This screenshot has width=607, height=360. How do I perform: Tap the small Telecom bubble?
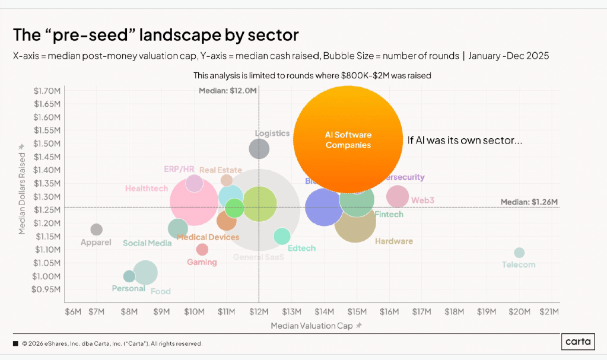point(519,253)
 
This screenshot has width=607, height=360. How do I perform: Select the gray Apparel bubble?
point(96,230)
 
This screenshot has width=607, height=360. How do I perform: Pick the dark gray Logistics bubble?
point(259,148)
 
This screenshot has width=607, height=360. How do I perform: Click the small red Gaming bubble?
point(202,250)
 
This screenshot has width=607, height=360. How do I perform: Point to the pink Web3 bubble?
point(398,196)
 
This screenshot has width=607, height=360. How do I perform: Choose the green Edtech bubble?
point(282,235)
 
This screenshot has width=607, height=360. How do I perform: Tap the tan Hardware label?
point(393,241)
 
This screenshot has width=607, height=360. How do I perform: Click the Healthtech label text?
point(147,189)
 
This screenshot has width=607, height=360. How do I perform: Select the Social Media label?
point(147,243)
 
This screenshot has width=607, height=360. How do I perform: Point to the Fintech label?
point(389,214)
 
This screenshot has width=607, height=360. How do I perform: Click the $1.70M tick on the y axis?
point(48,91)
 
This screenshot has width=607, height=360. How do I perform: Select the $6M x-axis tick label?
point(74,311)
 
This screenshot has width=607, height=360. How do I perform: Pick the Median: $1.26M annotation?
point(529,202)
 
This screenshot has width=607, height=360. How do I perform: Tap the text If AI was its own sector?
point(465,141)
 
